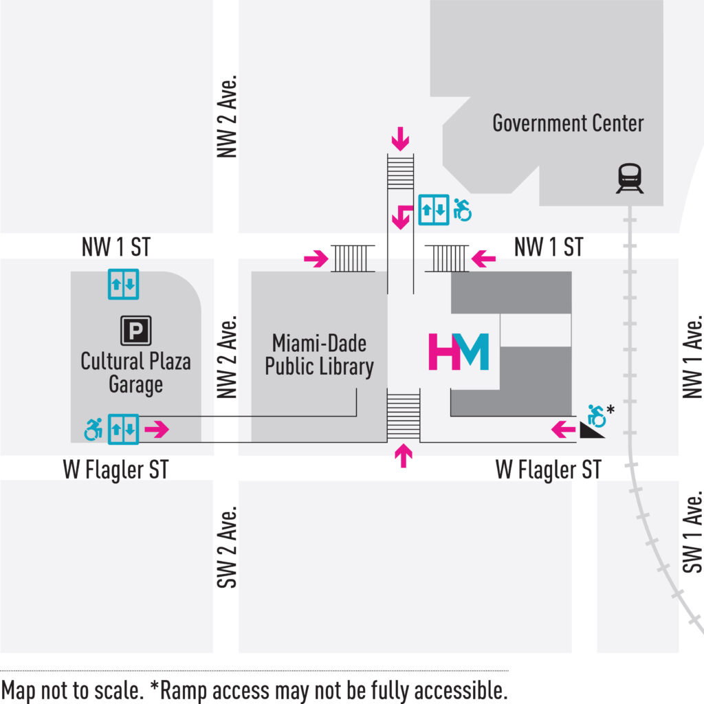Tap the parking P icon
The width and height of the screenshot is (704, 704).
pyautogui.click(x=136, y=331)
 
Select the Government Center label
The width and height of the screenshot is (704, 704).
pyautogui.click(x=568, y=124)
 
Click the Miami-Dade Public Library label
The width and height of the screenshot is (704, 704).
pyautogui.click(x=319, y=355)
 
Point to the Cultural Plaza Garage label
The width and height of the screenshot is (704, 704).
pyautogui.click(x=135, y=373)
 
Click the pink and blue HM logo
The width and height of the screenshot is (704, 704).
pyautogui.click(x=459, y=351)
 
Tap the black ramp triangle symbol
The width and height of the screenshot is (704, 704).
pyautogui.click(x=591, y=430)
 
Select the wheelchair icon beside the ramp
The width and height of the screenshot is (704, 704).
pyautogui.click(x=597, y=415)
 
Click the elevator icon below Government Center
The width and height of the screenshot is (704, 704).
pyautogui.click(x=434, y=210)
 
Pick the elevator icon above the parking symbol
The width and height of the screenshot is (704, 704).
pyautogui.click(x=124, y=284)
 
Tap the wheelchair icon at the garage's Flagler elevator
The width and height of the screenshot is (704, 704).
pyautogui.click(x=93, y=430)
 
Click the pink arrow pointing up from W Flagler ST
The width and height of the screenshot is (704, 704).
pyautogui.click(x=404, y=456)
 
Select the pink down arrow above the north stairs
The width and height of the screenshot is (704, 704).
pyautogui.click(x=400, y=141)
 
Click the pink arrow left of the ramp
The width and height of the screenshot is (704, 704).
pyautogui.click(x=564, y=430)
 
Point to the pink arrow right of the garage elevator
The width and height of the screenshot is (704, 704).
pyautogui.click(x=157, y=430)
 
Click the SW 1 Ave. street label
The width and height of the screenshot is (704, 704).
pyautogui.click(x=694, y=532)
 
